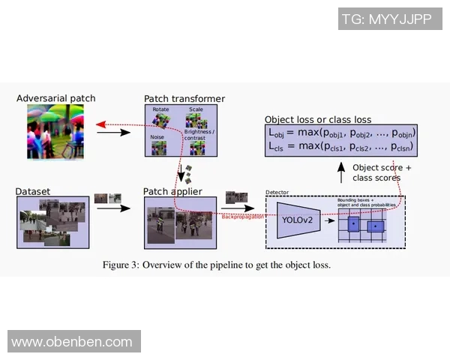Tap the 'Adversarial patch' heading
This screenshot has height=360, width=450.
point(56,98)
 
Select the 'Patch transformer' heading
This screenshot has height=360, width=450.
point(184,99)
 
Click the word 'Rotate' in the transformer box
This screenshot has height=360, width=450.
point(160,109)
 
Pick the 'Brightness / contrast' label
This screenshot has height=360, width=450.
point(199,135)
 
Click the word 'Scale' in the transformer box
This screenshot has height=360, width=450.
point(196,109)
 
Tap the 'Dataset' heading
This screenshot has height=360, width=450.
point(33,192)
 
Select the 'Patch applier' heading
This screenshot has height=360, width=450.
point(172,192)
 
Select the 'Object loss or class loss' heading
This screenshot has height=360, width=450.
point(319,119)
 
